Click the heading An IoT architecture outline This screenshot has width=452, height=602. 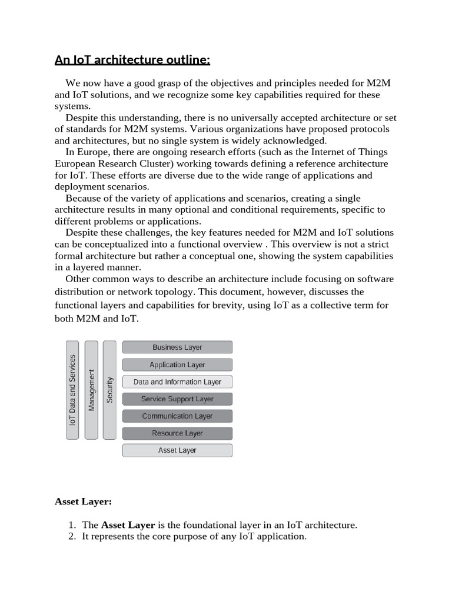[132, 60]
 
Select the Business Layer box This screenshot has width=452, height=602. [177, 347]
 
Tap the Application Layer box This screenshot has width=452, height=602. [177, 364]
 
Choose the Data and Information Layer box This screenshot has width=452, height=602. [177, 382]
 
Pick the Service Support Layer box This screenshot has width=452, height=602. [177, 399]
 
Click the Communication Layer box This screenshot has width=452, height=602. [177, 416]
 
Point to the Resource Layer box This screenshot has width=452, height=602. [177, 433]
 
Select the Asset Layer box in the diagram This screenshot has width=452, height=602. [177, 450]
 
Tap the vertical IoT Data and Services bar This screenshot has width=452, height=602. [72, 390]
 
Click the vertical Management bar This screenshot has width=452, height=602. [91, 390]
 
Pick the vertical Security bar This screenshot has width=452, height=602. [109, 390]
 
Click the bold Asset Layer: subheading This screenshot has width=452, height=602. [83, 501]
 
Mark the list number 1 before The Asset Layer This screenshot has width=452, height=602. [71, 525]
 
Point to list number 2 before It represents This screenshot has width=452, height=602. [71, 537]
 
